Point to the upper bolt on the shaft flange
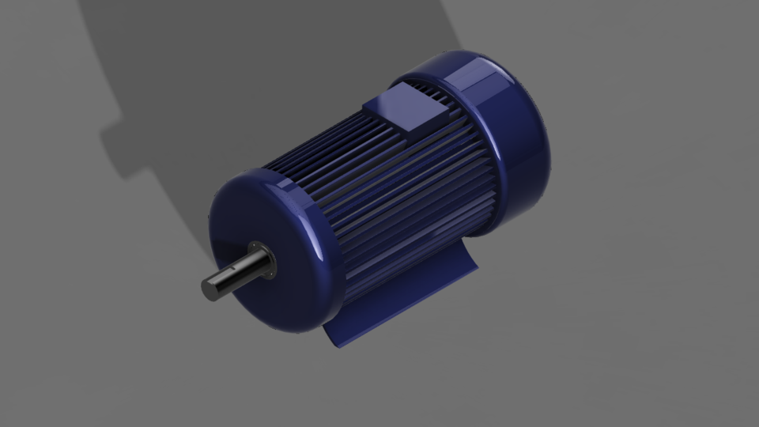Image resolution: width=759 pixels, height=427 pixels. point(254,245)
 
